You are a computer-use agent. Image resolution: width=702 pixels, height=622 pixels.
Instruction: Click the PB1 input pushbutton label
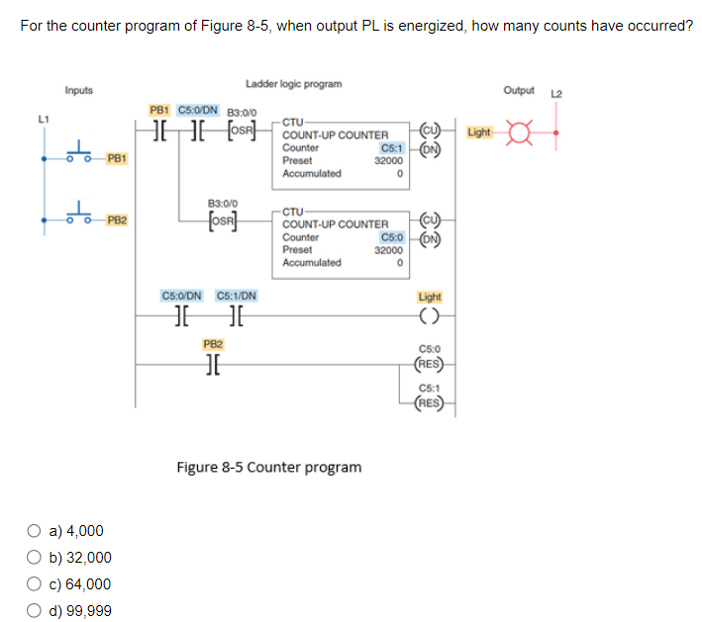(116, 157)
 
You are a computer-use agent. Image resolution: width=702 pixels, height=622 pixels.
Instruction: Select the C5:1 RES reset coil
(430, 402)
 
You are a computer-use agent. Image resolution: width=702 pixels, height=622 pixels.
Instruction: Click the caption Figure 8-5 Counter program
(268, 467)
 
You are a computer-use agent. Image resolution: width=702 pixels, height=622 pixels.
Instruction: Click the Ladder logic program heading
(294, 84)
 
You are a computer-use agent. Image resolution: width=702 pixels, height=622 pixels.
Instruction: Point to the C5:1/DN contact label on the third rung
(236, 295)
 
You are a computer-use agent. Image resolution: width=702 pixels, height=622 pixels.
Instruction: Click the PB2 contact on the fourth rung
(212, 363)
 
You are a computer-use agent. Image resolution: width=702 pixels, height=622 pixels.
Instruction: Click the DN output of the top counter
(430, 150)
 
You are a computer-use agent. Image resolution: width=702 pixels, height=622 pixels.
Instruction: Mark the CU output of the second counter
(430, 222)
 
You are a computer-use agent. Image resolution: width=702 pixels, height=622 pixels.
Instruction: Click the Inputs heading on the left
(79, 91)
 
